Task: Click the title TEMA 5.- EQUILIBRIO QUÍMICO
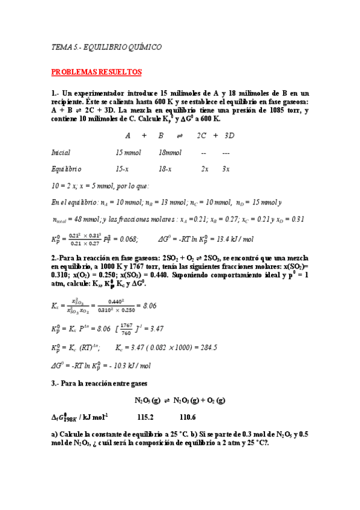pyautogui.click(x=106, y=46)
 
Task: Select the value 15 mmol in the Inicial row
pyautogui.click(x=128, y=153)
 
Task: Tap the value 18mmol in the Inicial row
pyautogui.click(x=170, y=153)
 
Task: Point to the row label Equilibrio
pyautogui.click(x=66, y=169)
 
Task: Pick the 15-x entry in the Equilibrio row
pyautogui.click(x=122, y=169)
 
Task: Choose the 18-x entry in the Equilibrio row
pyautogui.click(x=165, y=169)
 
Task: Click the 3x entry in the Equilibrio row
pyautogui.click(x=226, y=169)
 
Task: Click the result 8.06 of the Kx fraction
pyautogui.click(x=148, y=306)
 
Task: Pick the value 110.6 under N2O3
pyautogui.click(x=188, y=417)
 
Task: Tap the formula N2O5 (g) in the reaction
pyautogui.click(x=148, y=400)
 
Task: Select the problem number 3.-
pyautogui.click(x=56, y=383)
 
